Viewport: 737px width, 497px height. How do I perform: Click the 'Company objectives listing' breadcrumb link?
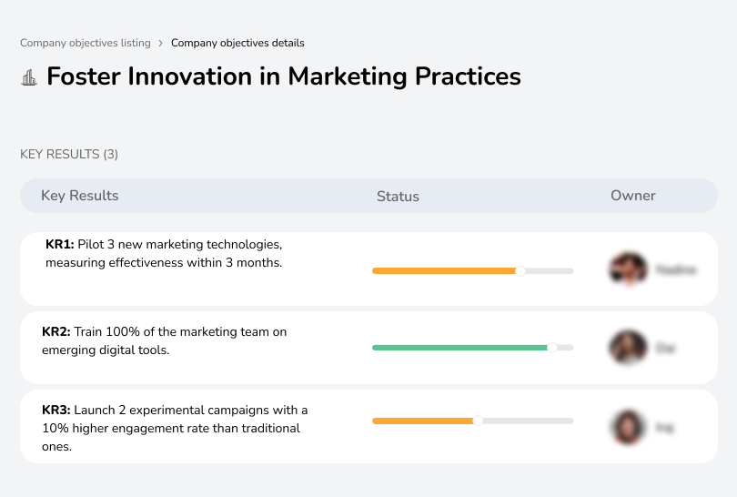86,43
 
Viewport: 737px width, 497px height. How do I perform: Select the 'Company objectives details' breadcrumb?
237,43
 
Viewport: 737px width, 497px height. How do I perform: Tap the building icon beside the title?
28,77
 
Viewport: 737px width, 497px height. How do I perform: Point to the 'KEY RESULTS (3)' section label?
69,154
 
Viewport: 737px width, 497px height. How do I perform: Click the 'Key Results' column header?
79,196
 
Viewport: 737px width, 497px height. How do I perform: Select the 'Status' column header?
398,197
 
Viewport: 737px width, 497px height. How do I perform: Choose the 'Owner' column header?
633,196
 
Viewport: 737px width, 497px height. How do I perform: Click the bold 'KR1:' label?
59,245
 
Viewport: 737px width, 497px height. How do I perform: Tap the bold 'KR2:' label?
56,332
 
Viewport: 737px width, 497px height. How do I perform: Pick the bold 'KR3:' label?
56,410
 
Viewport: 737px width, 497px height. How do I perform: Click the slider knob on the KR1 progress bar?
520,270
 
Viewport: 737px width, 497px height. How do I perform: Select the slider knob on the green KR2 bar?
551,348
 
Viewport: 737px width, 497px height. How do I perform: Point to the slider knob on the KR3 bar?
478,421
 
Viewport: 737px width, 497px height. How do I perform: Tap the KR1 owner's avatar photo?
627,269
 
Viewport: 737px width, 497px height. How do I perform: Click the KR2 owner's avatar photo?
627,348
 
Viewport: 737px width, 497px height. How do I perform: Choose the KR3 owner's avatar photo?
627,426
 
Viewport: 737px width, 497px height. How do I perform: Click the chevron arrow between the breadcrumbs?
161,43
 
